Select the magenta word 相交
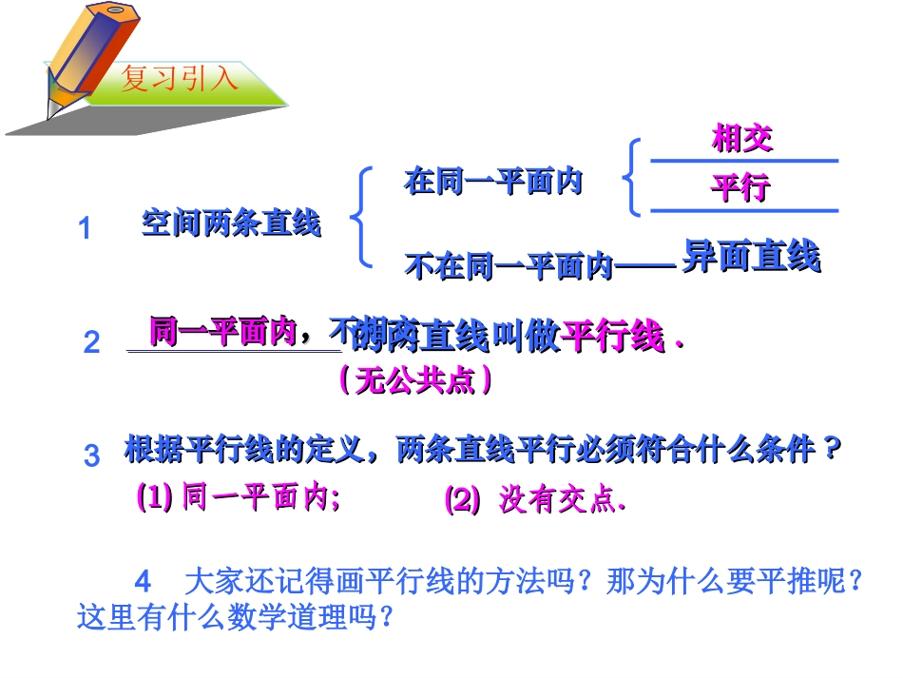[x=742, y=139]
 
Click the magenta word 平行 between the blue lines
[x=740, y=187]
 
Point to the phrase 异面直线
[x=751, y=257]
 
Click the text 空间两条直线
[x=231, y=223]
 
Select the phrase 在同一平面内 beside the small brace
[x=493, y=181]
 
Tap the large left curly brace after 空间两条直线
[x=361, y=216]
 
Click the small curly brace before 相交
[x=630, y=177]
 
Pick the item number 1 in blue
[x=85, y=229]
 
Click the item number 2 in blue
[x=91, y=342]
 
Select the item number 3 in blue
[x=91, y=455]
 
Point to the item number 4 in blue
[x=144, y=580]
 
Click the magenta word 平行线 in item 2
[x=613, y=336]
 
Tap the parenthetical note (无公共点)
[x=415, y=381]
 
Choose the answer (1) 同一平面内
[x=238, y=497]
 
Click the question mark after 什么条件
[x=834, y=448]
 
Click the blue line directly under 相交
[x=743, y=162]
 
